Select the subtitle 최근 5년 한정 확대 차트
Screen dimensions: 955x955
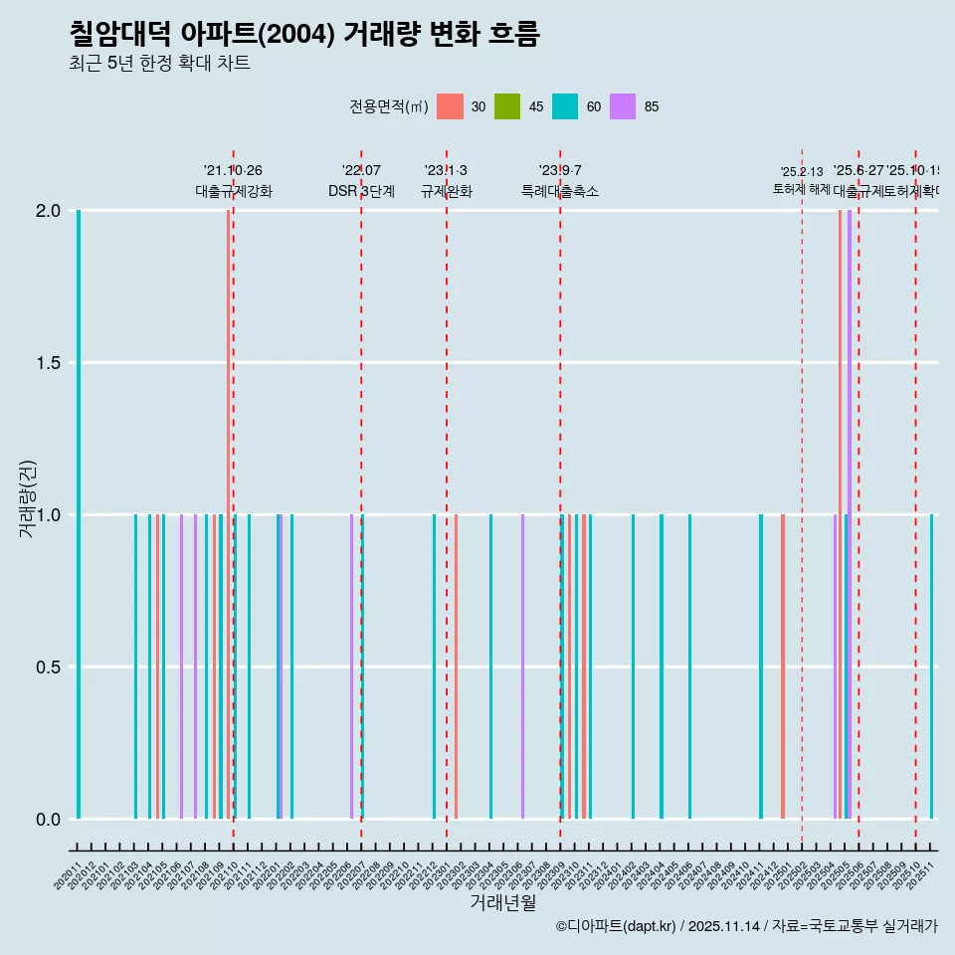click(x=159, y=64)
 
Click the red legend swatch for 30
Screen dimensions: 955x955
click(x=450, y=106)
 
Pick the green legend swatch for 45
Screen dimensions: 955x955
click(x=507, y=106)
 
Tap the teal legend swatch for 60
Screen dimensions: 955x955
click(x=565, y=106)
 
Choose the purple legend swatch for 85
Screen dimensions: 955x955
click(x=623, y=106)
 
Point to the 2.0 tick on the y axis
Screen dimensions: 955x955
click(x=48, y=211)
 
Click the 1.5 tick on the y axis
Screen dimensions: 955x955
click(x=48, y=363)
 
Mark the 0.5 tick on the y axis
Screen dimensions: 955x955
click(x=48, y=668)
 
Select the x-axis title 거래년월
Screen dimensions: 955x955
click(x=502, y=903)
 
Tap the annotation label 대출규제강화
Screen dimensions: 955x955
click(x=233, y=191)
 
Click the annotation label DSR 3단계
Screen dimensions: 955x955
click(x=361, y=191)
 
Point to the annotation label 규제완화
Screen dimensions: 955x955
click(x=446, y=191)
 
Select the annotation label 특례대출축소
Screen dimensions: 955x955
click(x=560, y=191)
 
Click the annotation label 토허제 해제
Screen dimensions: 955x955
click(x=801, y=189)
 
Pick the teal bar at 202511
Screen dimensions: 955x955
click(x=932, y=667)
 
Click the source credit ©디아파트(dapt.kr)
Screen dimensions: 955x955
click(x=617, y=926)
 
